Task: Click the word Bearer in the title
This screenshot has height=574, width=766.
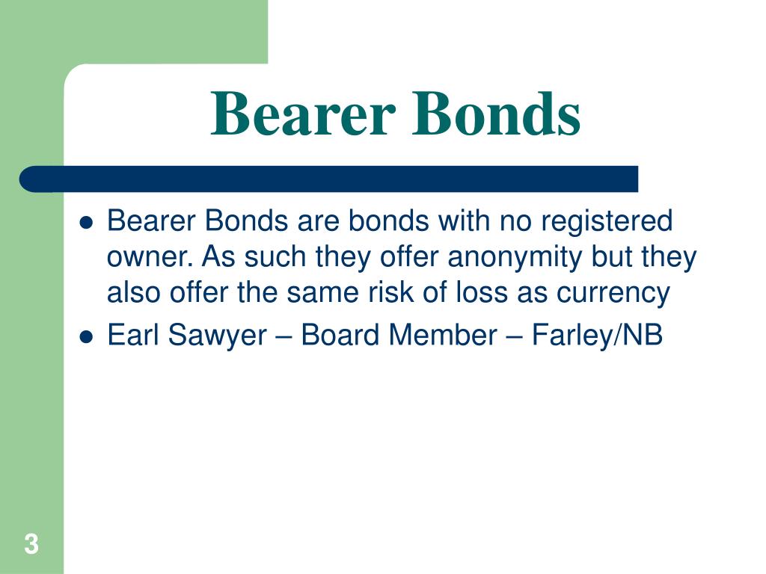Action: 303,114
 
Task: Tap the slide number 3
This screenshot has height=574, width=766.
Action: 31,544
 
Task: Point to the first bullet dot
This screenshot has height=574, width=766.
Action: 86,223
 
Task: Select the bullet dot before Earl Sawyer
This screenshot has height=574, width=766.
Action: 86,337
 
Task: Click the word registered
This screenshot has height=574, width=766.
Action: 607,222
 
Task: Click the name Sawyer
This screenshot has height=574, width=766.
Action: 218,336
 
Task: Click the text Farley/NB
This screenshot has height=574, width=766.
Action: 597,336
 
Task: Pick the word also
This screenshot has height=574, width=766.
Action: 134,293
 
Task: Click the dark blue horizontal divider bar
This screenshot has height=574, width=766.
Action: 329,179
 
